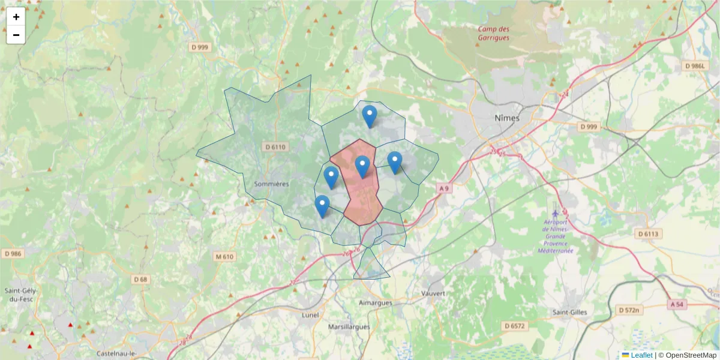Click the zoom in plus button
click(16, 17)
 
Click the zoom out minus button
click(16, 35)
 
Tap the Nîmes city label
click(507, 118)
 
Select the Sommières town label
click(272, 184)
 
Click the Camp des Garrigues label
click(493, 33)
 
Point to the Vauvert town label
click(433, 293)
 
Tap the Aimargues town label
click(376, 303)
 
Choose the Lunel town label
click(311, 315)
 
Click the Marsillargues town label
click(352, 327)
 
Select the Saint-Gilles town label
click(570, 312)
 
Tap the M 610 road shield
click(224, 257)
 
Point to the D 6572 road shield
click(514, 326)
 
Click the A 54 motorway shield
click(675, 305)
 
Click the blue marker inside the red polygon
click(362, 166)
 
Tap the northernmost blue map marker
click(370, 116)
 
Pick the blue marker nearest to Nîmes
click(394, 162)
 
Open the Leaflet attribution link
click(641, 355)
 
